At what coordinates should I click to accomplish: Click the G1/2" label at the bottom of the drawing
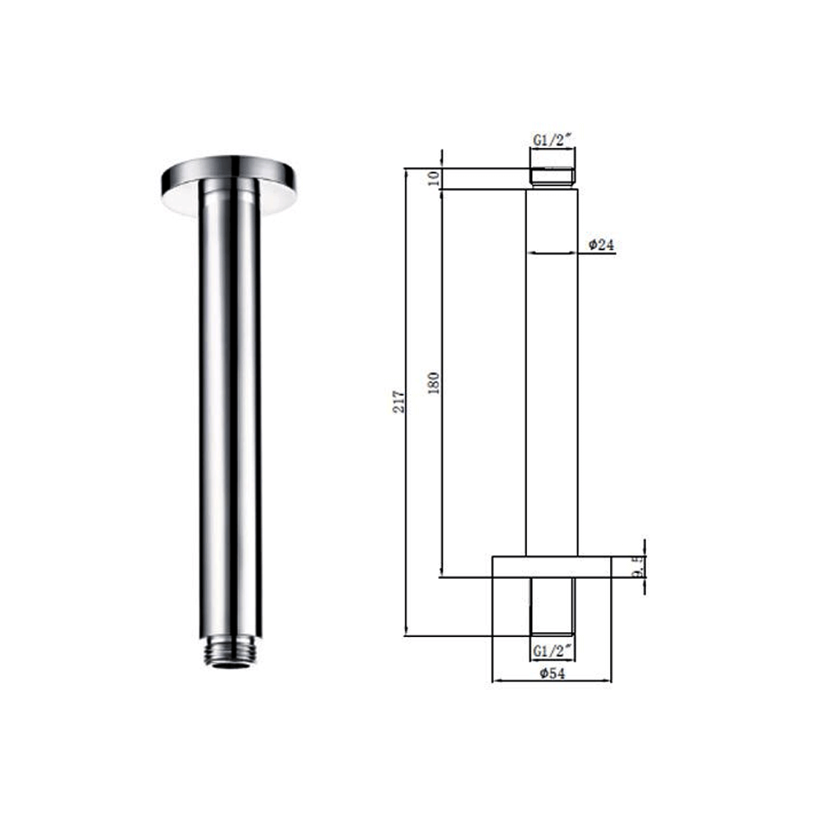pyautogui.click(x=552, y=650)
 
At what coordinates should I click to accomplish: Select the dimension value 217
pyautogui.click(x=400, y=401)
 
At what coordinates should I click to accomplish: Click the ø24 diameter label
pyautogui.click(x=602, y=245)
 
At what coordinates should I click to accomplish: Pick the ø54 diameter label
pyautogui.click(x=551, y=673)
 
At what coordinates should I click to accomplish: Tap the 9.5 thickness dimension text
pyautogui.click(x=637, y=566)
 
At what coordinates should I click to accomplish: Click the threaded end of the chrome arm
pyautogui.click(x=230, y=654)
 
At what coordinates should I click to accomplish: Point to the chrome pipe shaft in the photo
pyautogui.click(x=230, y=410)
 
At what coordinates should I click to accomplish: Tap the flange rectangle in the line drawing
pyautogui.click(x=552, y=566)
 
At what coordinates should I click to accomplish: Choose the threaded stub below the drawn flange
pyautogui.click(x=552, y=605)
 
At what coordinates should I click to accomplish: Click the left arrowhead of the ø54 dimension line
pyautogui.click(x=494, y=681)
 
